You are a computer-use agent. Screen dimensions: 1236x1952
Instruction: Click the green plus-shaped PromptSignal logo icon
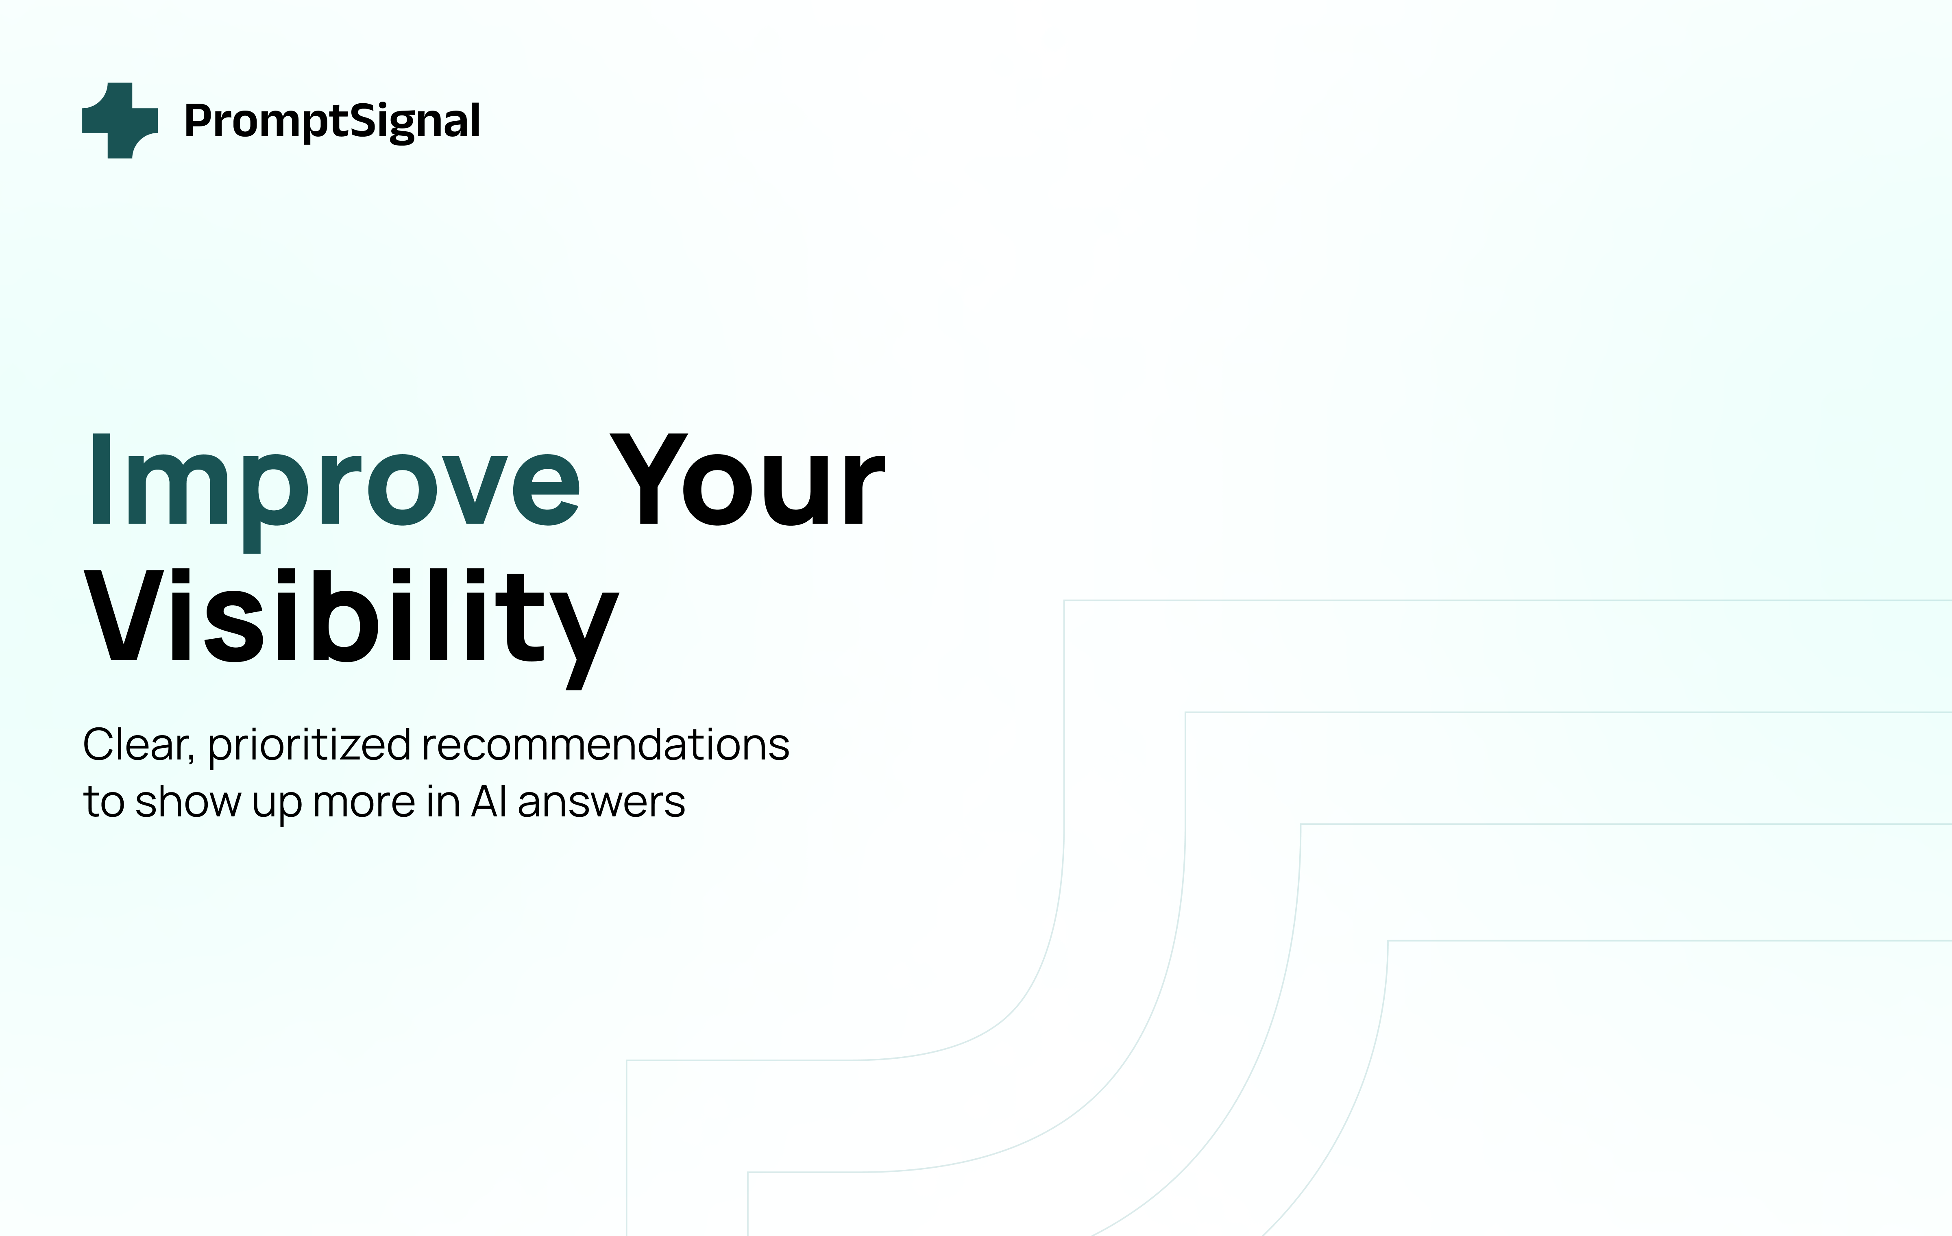[120, 120]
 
